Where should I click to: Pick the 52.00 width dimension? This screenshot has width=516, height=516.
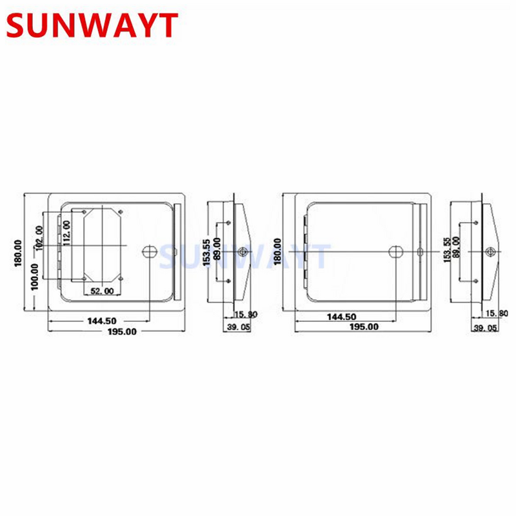102,291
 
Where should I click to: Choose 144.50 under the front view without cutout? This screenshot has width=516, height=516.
341,317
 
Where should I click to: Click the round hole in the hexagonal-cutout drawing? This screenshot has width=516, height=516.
149,252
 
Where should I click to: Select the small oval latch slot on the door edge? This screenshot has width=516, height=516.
421,252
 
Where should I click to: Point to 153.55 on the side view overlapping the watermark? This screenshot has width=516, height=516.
206,253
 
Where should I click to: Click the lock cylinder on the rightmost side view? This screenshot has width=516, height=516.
490,252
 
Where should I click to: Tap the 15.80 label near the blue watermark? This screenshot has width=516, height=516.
246,314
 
